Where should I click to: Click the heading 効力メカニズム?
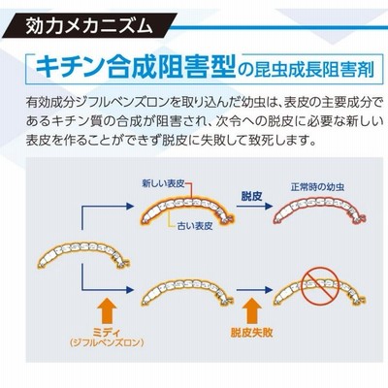tap(88, 26)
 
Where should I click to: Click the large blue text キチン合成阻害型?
tap(135, 67)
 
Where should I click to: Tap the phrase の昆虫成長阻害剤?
tap(305, 70)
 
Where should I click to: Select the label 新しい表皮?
tap(164, 184)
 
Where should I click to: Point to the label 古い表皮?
tap(195, 225)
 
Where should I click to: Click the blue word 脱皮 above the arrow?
tap(251, 196)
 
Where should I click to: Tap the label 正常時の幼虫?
tap(317, 187)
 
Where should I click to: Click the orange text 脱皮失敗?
tap(251, 332)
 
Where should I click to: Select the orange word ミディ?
tap(107, 332)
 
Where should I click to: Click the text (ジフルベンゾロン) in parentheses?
tap(107, 342)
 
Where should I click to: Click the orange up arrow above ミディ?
tap(107, 310)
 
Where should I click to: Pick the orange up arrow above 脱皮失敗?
tap(251, 310)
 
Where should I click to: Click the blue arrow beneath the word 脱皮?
tap(255, 207)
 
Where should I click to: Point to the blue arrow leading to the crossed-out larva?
tap(255, 290)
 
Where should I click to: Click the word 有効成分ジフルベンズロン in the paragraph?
tap(96, 103)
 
